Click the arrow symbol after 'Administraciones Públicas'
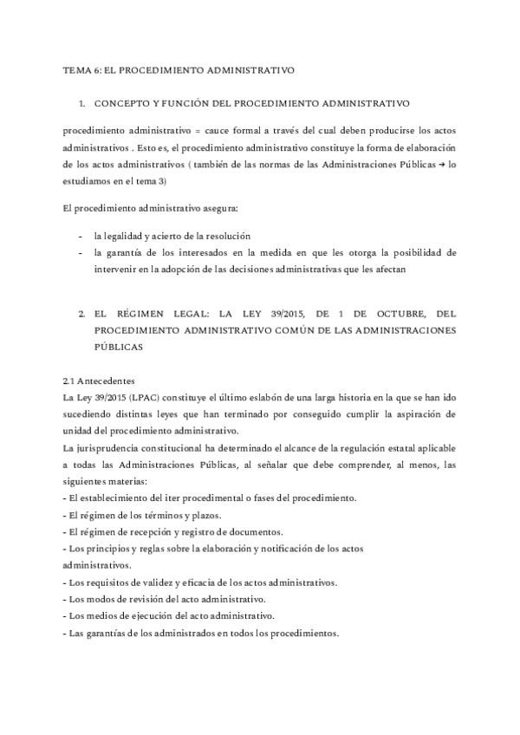(x=440, y=164)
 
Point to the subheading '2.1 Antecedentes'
(x=99, y=381)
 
